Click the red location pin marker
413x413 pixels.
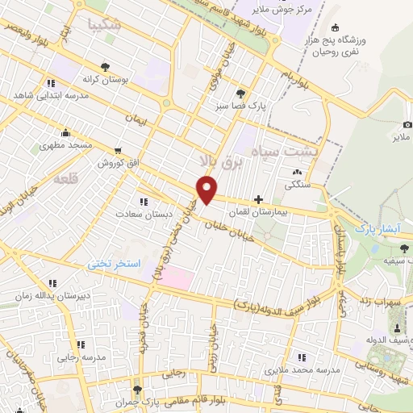207,189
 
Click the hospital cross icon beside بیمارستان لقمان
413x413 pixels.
258,198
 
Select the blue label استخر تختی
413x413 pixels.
113,264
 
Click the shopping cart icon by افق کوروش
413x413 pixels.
119,150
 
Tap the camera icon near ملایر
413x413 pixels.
407,125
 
